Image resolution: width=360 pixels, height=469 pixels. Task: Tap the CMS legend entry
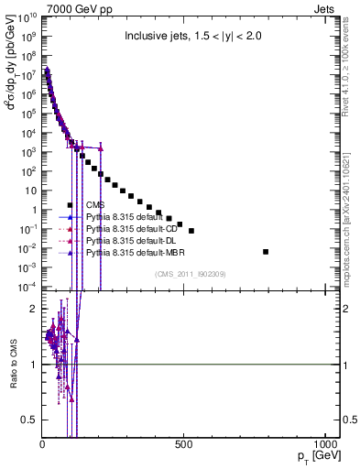pos(95,204)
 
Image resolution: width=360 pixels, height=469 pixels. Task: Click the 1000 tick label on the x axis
pos(325,446)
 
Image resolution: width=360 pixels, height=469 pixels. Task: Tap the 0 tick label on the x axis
pos(43,446)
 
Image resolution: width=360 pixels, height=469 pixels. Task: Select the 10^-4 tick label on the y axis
pos(27,287)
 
